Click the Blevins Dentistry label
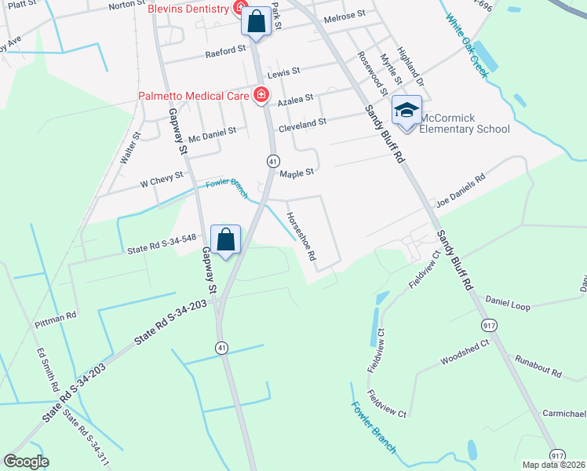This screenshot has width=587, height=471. [188, 9]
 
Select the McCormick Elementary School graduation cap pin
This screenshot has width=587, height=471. [407, 111]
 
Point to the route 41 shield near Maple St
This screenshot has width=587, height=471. [272, 160]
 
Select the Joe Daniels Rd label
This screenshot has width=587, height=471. [461, 189]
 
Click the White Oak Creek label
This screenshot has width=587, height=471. [468, 45]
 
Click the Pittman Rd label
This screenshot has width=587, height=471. [55, 319]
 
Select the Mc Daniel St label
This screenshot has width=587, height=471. [206, 133]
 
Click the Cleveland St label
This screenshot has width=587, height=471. [302, 124]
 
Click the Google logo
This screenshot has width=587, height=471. [26, 462]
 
